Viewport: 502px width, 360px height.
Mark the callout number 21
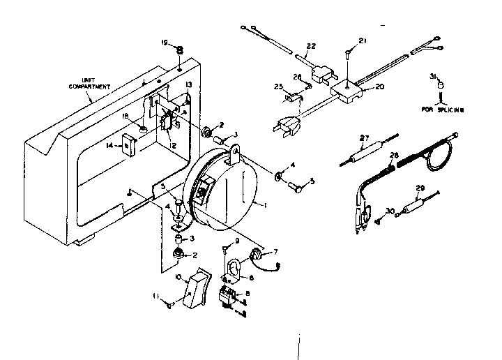coord(362,42)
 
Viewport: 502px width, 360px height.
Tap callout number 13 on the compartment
coord(188,84)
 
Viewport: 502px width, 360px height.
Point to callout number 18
coord(125,117)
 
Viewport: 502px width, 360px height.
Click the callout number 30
coord(389,211)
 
